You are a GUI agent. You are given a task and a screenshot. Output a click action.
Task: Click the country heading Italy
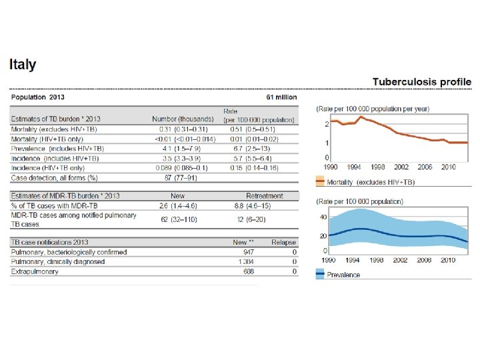pyautogui.click(x=23, y=65)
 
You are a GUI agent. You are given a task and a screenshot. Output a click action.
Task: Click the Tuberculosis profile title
pyautogui.click(x=422, y=82)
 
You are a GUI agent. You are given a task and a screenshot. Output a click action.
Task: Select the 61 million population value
pyautogui.click(x=281, y=97)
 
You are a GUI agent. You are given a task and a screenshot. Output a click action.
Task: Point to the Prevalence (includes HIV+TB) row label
pyautogui.click(x=57, y=148)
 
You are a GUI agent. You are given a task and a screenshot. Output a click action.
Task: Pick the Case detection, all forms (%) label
pyautogui.click(x=55, y=177)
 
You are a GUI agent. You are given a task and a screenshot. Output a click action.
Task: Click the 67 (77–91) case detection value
pyautogui.click(x=183, y=177)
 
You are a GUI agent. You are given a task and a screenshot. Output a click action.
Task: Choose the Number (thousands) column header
pyautogui.click(x=183, y=119)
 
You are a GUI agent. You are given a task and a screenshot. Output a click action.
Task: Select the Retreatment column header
pyautogui.click(x=265, y=196)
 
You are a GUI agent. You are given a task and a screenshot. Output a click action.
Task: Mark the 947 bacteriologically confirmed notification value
pyautogui.click(x=250, y=253)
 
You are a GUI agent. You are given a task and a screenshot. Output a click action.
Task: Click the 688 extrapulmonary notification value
pyautogui.click(x=250, y=271)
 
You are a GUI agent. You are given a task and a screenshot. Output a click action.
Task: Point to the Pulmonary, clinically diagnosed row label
pyautogui.click(x=58, y=262)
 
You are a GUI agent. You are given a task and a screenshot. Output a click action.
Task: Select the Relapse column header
pyautogui.click(x=284, y=243)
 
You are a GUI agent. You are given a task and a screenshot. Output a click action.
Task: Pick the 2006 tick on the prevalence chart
pyautogui.click(x=425, y=259)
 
